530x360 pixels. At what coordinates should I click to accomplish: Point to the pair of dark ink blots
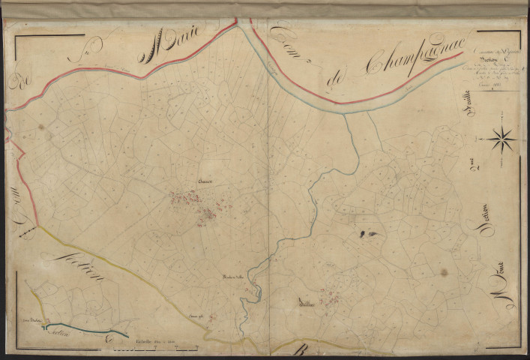click(368, 234)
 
